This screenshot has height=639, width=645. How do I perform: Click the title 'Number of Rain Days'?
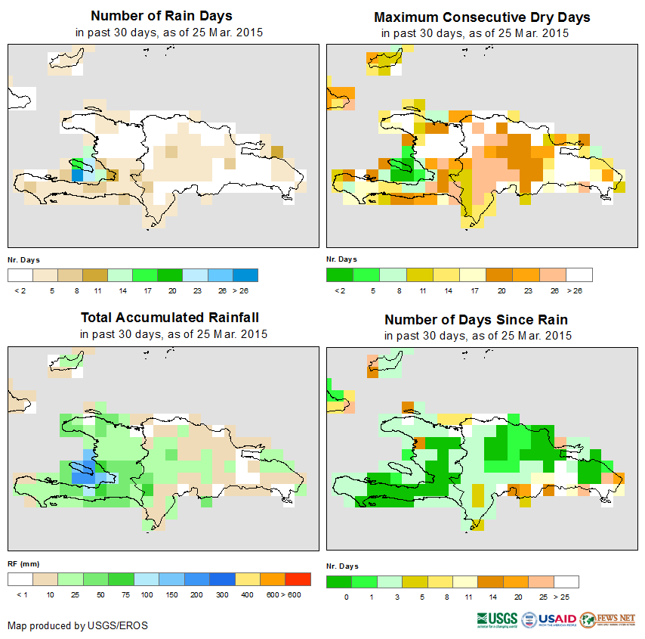(162, 16)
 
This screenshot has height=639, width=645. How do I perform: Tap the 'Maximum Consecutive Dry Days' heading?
(482, 17)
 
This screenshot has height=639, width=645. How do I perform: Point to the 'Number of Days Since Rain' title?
(476, 319)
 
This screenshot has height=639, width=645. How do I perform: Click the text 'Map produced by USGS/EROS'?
(78, 625)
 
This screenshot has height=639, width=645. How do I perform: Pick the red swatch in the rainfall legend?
(298, 579)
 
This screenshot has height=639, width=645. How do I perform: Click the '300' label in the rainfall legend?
(222, 596)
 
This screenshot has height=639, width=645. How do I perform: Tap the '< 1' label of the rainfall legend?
(20, 596)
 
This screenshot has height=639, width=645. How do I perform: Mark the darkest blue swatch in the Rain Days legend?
(245, 275)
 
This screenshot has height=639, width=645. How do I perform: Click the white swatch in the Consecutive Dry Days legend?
(579, 275)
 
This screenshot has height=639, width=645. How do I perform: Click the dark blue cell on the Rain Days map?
(77, 174)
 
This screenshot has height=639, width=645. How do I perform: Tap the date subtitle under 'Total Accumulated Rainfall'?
(173, 334)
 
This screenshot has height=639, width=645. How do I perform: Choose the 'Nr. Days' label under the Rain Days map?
(24, 259)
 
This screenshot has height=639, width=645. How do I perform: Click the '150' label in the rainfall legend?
(171, 596)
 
